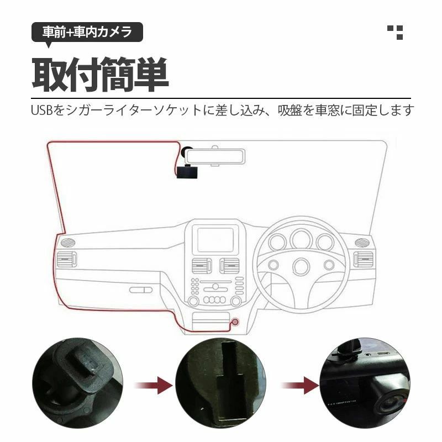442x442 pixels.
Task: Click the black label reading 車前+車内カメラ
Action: point(87,32)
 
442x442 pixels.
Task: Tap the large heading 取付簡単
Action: point(101,75)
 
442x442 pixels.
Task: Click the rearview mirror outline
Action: point(215,157)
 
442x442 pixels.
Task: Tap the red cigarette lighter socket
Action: point(235,322)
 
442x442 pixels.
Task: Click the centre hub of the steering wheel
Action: point(301,266)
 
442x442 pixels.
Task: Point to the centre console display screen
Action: point(215,240)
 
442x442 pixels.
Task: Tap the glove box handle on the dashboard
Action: point(141,290)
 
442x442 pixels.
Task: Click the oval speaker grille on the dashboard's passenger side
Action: point(68,242)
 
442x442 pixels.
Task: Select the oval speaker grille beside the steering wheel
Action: point(362,242)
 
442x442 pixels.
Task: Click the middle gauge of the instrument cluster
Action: point(301,239)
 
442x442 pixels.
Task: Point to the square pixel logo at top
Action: point(395,33)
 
